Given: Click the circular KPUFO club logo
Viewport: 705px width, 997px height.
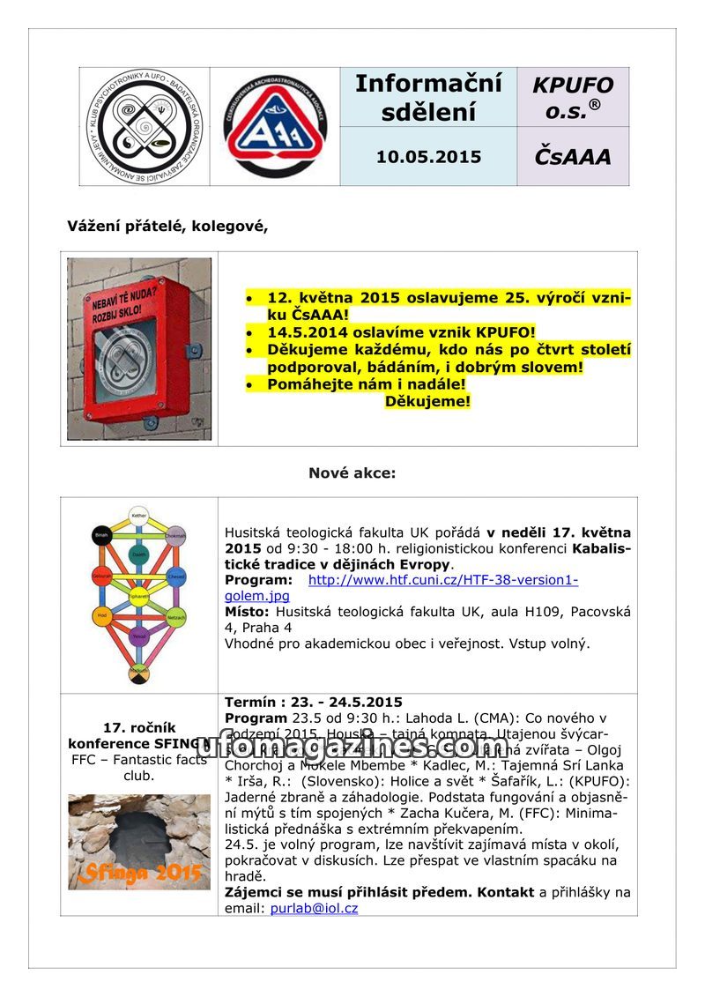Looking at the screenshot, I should tap(145, 126).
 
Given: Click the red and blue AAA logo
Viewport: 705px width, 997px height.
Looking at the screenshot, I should tap(275, 126).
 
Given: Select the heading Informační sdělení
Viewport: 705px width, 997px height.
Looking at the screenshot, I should tap(428, 98).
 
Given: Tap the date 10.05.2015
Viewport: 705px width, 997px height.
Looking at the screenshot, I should tap(428, 157).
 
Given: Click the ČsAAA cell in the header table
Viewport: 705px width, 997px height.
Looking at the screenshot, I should tap(572, 157).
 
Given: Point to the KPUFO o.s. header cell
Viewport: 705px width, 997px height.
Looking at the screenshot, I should tap(573, 97).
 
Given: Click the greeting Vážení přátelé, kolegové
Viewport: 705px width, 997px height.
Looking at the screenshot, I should tap(167, 226).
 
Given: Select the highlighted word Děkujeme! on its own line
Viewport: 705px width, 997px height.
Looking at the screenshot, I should tap(427, 401).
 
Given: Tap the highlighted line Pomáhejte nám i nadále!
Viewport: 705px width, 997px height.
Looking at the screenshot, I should tap(367, 384).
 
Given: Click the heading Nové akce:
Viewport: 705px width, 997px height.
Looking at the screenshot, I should tap(352, 473).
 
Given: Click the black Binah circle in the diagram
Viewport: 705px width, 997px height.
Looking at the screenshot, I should tap(101, 535).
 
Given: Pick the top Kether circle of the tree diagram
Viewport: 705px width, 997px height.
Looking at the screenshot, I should tap(138, 514).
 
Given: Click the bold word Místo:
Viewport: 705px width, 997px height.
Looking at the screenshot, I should tap(248, 611).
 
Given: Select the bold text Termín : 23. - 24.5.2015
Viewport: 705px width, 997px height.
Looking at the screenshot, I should tap(314, 703).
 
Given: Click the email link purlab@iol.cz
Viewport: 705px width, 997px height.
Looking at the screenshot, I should tap(314, 908).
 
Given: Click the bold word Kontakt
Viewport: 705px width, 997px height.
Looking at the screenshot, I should tap(505, 892).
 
